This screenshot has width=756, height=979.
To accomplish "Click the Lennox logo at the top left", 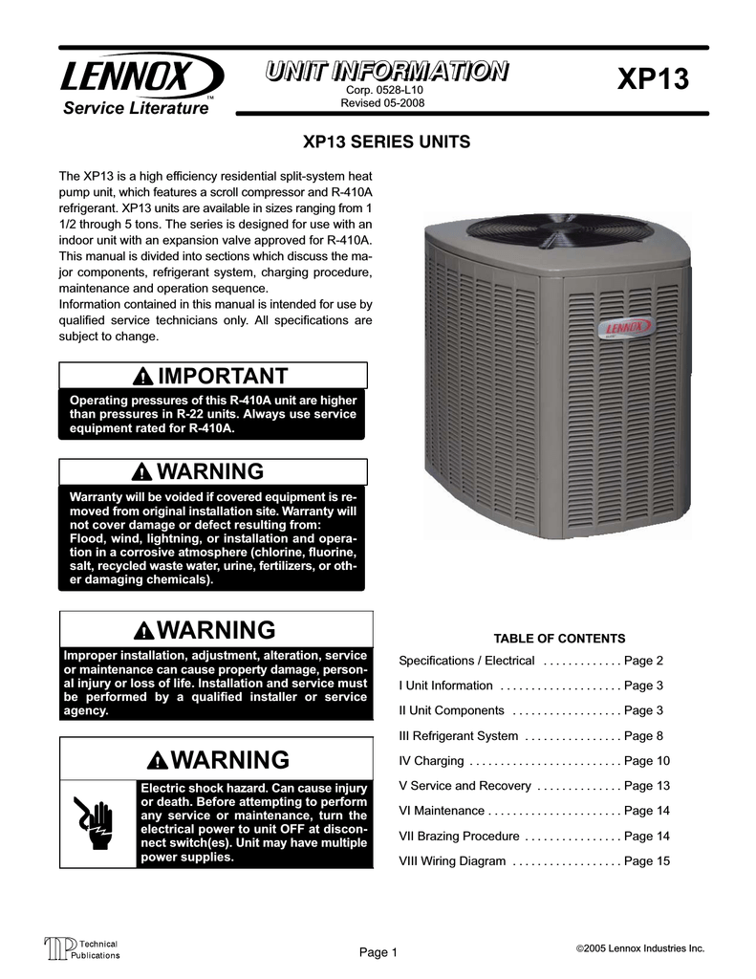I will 142,76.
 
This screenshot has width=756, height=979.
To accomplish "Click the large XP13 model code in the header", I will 652,80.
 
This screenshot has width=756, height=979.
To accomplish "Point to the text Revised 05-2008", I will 383,103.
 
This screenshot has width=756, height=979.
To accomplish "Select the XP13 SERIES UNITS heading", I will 386,142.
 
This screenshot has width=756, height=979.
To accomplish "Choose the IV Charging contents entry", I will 431,761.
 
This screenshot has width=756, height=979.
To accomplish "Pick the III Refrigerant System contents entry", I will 458,736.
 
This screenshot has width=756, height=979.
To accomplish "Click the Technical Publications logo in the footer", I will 82,949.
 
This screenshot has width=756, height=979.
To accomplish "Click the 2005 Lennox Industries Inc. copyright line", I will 639,947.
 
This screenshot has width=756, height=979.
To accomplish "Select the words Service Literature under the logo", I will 135,109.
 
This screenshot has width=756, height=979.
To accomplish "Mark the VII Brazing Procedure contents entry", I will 459,837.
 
